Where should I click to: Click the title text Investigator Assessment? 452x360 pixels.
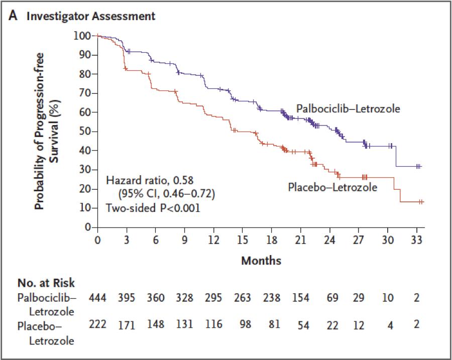tap(91, 16)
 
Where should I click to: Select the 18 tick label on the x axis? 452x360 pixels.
tap(271, 239)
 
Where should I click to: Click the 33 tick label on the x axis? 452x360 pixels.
tap(416, 239)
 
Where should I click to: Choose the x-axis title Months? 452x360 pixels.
tap(261, 261)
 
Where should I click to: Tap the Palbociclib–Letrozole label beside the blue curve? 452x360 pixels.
tap(348, 108)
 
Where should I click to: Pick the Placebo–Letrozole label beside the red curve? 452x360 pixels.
tap(332, 187)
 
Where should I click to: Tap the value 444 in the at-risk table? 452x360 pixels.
tap(97, 298)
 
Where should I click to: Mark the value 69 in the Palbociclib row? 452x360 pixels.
tap(329, 298)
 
